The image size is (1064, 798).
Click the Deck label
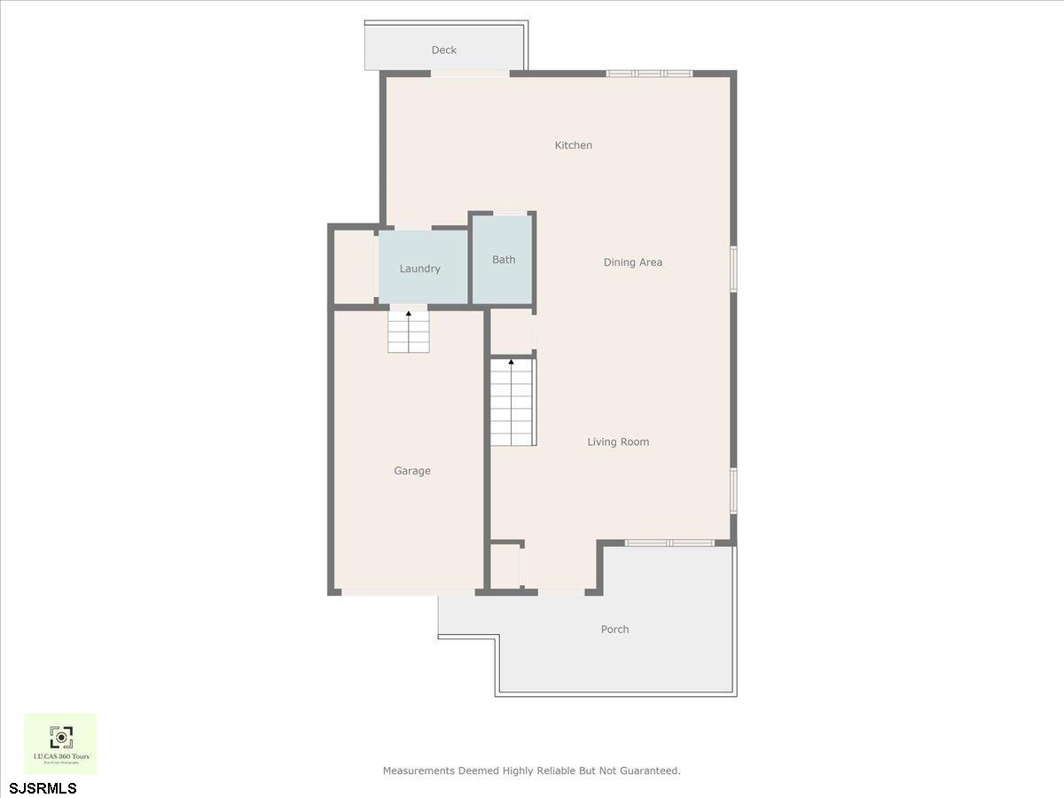tap(443, 51)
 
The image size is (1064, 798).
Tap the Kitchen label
tap(573, 145)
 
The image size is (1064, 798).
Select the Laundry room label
tap(419, 269)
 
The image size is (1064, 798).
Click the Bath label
tap(504, 260)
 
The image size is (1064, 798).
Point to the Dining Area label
tap(632, 262)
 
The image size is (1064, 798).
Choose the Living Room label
tap(618, 442)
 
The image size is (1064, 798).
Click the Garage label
tap(412, 471)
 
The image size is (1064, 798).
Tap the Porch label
tap(614, 630)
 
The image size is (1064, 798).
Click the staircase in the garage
tap(409, 333)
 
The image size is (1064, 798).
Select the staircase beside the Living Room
tap(513, 406)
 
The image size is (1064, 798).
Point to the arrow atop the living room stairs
tap(511, 362)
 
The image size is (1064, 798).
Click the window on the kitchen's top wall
tap(649, 74)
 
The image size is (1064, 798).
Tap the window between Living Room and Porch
tap(669, 543)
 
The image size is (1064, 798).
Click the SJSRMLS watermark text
tap(43, 787)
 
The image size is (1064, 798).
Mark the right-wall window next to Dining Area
tap(733, 269)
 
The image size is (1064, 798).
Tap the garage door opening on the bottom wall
tap(408, 591)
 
